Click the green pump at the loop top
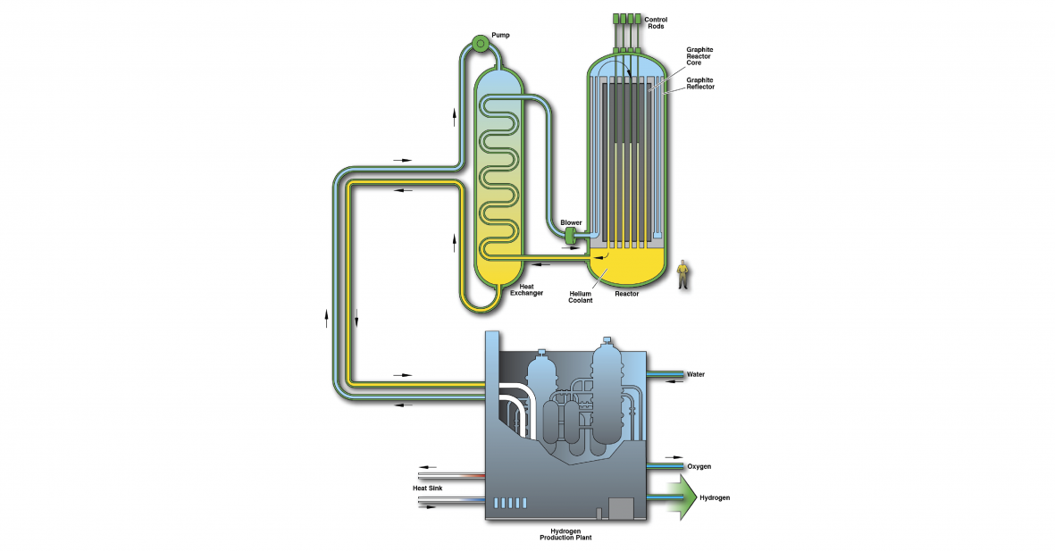click(481, 43)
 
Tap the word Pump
click(501, 34)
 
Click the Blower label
click(571, 222)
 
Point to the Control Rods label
click(656, 21)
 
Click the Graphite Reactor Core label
click(699, 55)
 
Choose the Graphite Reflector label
click(700, 83)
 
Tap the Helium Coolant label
click(581, 296)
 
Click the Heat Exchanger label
click(525, 289)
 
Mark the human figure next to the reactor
click(684, 274)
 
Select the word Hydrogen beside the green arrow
click(715, 497)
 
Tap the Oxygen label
click(699, 466)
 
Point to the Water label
click(696, 374)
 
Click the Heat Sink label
click(426, 488)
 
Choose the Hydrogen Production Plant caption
click(565, 534)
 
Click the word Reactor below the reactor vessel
click(627, 293)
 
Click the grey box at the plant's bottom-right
click(620, 508)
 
